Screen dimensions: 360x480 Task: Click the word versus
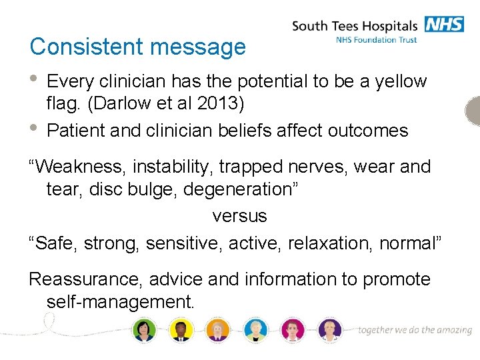(239, 216)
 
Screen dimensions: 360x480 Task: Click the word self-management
(120, 302)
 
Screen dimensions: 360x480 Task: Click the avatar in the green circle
(144, 329)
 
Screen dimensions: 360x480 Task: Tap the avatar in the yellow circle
(181, 329)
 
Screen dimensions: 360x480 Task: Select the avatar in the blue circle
(255, 329)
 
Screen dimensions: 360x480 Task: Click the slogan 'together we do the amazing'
(415, 330)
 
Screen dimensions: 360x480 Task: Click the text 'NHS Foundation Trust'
(377, 40)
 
